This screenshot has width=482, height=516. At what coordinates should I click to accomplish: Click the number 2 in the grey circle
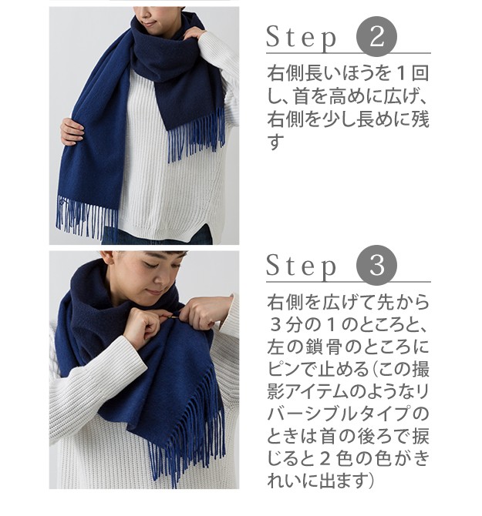[377, 36]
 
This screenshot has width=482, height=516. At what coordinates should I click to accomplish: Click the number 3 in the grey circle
[377, 265]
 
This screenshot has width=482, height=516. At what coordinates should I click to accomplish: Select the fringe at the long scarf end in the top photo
[86, 216]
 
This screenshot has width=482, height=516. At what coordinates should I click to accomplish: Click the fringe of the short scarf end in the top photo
[197, 135]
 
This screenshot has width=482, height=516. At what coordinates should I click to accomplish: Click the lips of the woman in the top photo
[147, 23]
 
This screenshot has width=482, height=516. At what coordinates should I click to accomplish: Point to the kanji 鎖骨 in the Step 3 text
[322, 347]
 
